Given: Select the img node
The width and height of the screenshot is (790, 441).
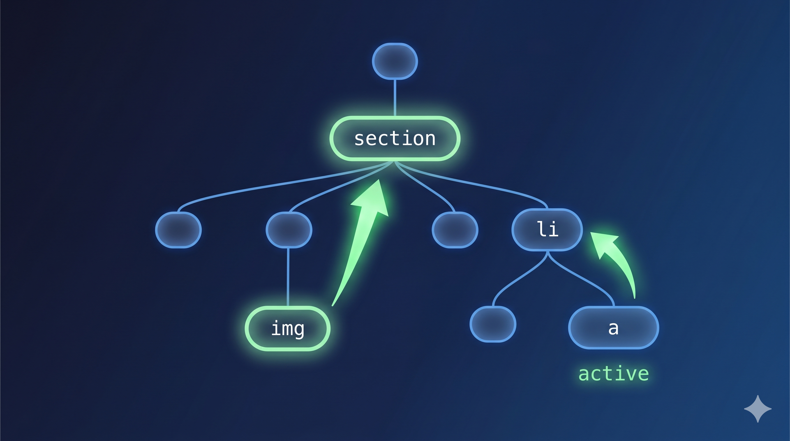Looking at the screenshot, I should (287, 328).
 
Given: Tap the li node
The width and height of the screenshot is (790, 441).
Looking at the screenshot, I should (547, 230).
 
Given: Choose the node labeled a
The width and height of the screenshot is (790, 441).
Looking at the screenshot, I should (613, 328).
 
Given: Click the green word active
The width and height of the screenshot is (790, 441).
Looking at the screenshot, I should (613, 374).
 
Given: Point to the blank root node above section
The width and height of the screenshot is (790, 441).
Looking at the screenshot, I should (395, 61).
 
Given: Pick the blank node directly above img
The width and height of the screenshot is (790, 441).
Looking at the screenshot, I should (289, 230).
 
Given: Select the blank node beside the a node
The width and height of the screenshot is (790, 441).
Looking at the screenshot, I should (493, 324).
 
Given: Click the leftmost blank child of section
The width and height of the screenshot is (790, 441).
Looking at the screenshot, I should (178, 230).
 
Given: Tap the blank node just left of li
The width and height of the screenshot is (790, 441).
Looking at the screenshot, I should (455, 230).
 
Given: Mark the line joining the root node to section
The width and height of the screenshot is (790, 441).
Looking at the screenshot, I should (395, 98).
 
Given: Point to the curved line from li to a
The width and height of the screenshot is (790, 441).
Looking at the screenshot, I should (583, 279).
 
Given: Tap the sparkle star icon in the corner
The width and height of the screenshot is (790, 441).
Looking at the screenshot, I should (758, 409).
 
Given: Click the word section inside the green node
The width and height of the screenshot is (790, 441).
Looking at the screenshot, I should (395, 139).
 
